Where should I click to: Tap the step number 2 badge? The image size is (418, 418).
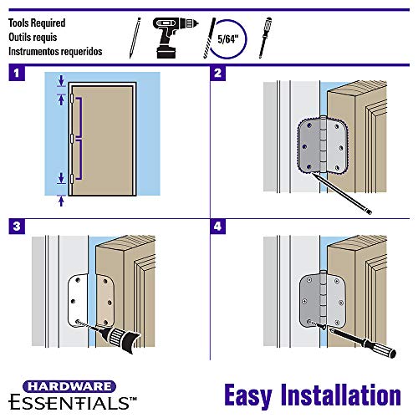[218, 73]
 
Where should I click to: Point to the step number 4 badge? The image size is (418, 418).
[218, 226]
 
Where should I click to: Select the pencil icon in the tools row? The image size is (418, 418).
[134, 34]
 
